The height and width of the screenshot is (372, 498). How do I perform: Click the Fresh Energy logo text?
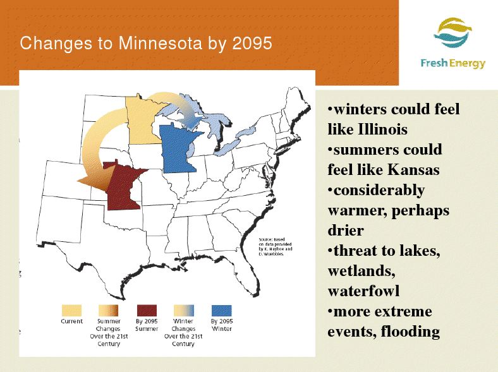(453, 64)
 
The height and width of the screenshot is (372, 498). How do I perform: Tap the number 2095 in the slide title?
(252, 43)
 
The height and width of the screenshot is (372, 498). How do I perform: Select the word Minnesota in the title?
(161, 43)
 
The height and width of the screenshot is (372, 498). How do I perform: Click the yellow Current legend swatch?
(71, 311)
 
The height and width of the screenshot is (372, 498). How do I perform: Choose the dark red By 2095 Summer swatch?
(147, 311)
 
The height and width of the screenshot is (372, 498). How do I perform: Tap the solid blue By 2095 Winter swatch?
(222, 311)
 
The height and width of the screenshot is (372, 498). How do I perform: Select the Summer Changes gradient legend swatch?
(108, 311)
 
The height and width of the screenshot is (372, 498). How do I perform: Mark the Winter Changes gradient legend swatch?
(184, 311)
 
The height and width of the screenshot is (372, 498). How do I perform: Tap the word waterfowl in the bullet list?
(363, 291)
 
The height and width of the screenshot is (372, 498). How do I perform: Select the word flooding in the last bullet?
(410, 332)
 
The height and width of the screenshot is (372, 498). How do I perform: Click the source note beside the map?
(276, 246)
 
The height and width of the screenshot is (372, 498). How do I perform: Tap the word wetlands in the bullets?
(361, 272)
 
